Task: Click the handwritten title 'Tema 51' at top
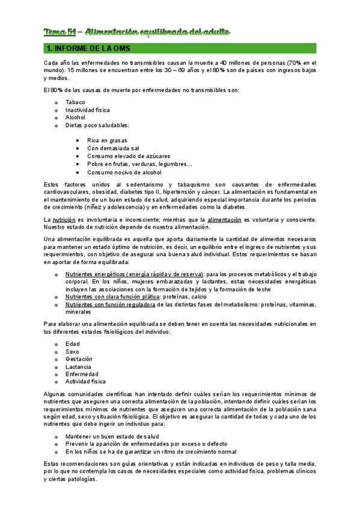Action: [x=59, y=31]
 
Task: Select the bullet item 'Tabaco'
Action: [x=75, y=102]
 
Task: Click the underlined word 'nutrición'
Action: [x=64, y=220]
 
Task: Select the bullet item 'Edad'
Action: [x=72, y=343]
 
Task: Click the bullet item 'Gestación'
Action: [x=79, y=359]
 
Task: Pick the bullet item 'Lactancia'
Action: [x=78, y=366]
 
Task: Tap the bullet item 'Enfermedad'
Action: [x=81, y=374]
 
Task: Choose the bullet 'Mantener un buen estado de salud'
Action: [x=112, y=436]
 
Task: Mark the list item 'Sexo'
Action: [x=72, y=351]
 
